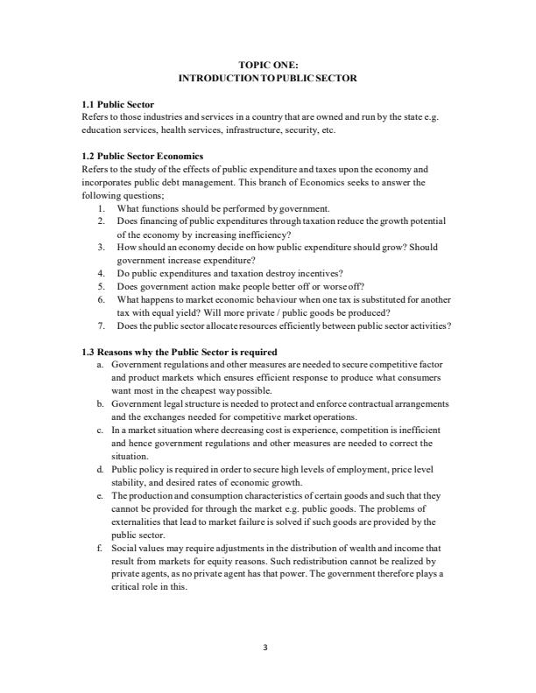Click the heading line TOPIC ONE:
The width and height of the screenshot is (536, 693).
(268, 65)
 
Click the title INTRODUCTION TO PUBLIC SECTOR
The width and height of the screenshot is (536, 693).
(268, 78)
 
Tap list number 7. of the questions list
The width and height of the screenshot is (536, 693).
(102, 325)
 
